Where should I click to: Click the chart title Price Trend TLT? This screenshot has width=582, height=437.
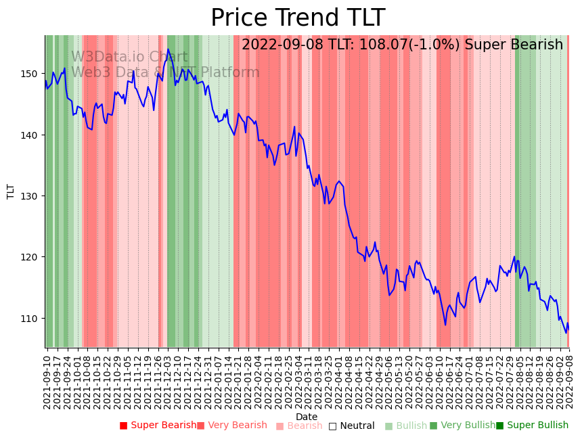(298, 18)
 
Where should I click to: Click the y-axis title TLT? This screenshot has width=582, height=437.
(11, 191)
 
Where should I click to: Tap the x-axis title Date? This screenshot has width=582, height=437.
(307, 417)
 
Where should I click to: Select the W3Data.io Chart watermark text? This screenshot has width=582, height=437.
(129, 57)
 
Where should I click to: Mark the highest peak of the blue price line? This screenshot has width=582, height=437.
(169, 49)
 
